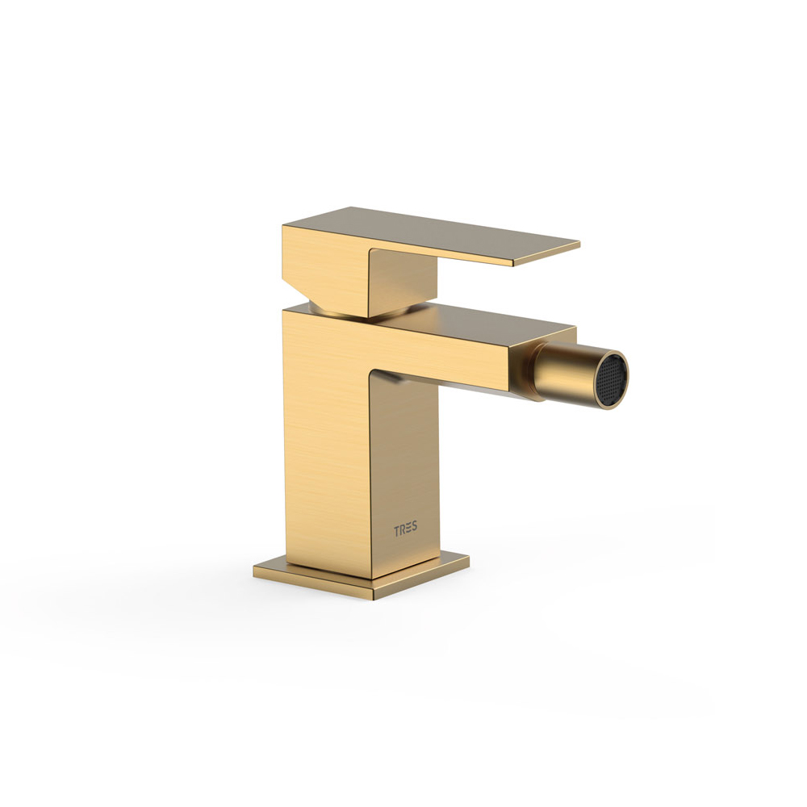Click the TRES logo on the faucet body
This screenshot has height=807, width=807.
[406, 529]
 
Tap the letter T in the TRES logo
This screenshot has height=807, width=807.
[397, 529]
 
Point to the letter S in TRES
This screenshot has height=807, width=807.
[415, 529]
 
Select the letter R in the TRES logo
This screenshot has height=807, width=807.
[403, 529]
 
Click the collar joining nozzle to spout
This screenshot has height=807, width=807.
[530, 371]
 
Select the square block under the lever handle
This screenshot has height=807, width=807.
[404, 283]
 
